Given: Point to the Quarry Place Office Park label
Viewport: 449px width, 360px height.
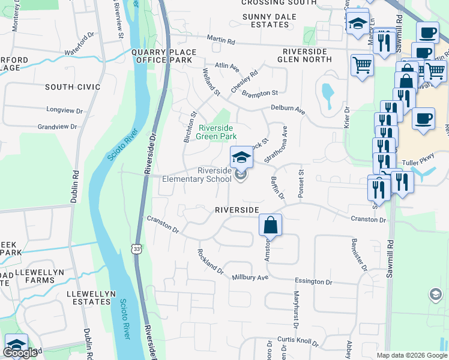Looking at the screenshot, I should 162,56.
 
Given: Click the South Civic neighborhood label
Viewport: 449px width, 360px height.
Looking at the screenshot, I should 73,87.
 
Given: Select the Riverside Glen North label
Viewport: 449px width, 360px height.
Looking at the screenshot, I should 306,55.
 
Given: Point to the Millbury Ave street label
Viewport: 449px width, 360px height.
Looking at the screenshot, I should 250,278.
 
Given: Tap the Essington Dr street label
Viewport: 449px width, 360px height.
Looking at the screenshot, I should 313,281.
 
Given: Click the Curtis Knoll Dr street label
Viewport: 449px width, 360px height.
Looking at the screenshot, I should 298,341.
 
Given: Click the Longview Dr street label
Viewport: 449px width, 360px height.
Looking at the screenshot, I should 63,110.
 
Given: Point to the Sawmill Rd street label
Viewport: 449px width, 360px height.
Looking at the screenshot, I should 390,252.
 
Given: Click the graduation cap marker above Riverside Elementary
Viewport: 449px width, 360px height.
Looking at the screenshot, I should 241,157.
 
